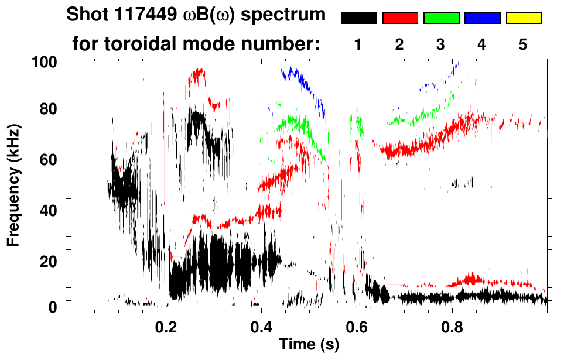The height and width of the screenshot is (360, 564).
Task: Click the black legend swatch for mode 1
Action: coord(358,18)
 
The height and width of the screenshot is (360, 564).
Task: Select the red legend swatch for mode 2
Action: coord(400,18)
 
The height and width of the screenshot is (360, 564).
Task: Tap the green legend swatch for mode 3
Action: coord(441,18)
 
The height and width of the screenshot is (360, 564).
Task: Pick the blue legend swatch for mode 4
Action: coord(482,18)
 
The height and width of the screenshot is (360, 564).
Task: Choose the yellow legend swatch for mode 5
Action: coord(523,18)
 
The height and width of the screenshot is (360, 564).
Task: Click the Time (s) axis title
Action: coord(309,345)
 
